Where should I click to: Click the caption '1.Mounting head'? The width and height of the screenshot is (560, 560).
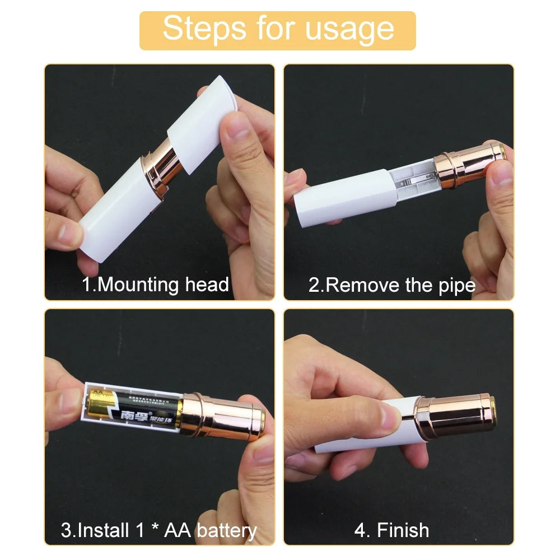click(x=156, y=284)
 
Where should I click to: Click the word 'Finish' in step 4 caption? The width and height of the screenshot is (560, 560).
click(x=403, y=530)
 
